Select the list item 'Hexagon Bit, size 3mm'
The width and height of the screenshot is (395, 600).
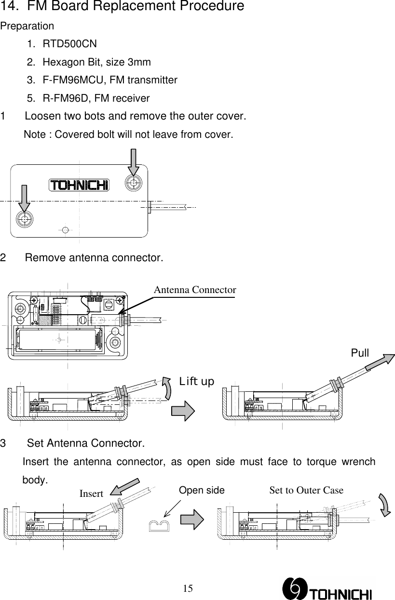coord(96,62)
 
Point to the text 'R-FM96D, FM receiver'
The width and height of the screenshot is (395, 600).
coord(96,98)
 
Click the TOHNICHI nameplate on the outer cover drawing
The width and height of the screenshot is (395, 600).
coord(79,185)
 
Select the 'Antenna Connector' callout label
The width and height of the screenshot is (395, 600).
coord(195,290)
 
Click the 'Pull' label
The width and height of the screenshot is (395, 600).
coord(360,353)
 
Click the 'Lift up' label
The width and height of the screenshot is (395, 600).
coord(197,382)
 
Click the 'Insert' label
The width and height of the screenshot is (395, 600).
coord(91,494)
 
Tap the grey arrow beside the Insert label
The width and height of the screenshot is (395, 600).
coord(124,486)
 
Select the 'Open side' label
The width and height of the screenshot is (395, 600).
coord(202,491)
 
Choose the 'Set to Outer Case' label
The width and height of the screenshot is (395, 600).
coord(306,491)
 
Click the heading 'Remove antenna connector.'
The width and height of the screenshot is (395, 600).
coord(94,258)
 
